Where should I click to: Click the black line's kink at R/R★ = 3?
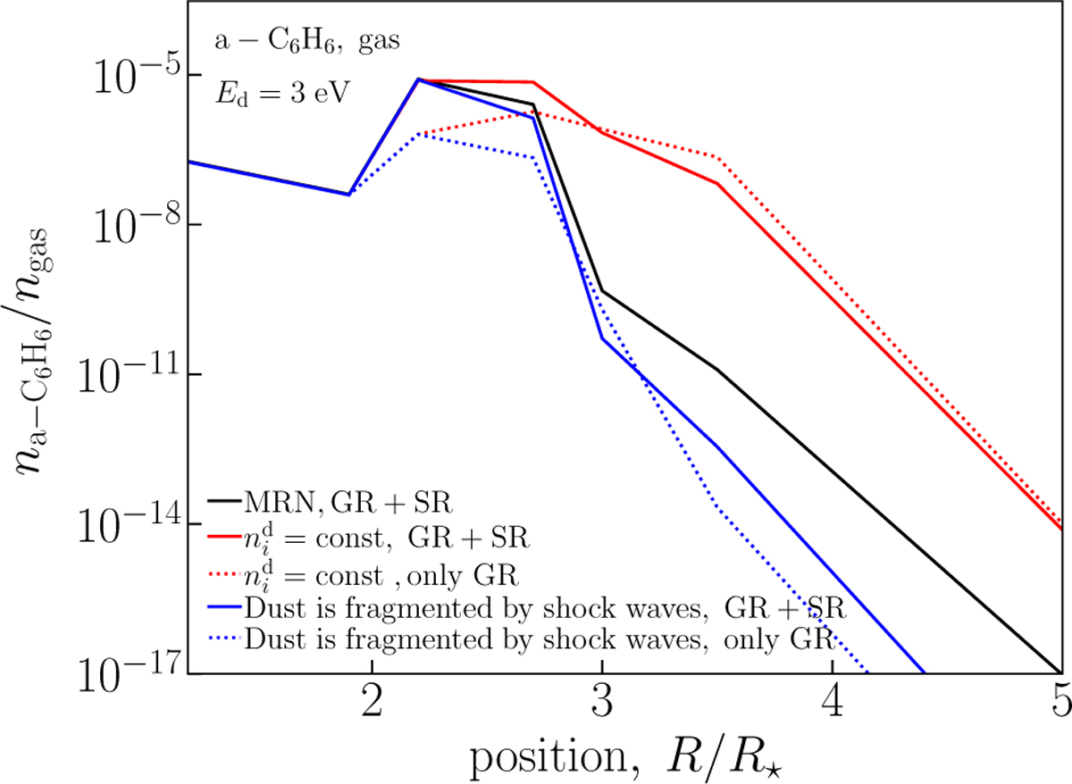pos(602,291)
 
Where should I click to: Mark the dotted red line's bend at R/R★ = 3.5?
pos(717,157)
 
